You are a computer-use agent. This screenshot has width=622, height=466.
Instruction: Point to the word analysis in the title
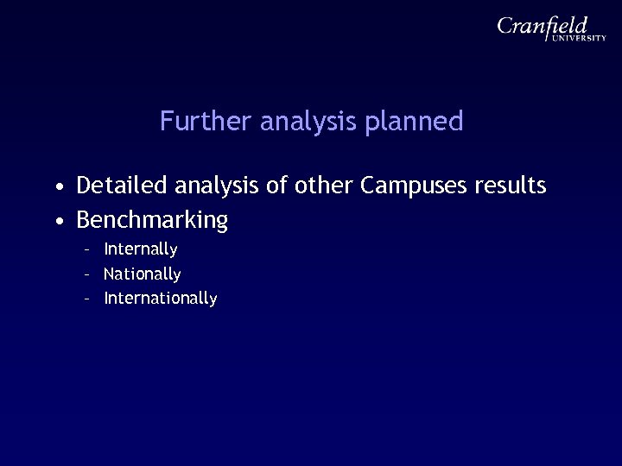[298, 122]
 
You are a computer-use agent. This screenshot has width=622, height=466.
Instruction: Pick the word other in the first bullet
[324, 185]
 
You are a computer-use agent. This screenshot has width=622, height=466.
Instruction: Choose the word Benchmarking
[152, 221]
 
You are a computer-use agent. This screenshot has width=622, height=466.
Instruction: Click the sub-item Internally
[141, 249]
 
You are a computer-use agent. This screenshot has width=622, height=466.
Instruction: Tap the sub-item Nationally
[143, 274]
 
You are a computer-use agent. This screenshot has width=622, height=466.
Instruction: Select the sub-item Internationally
[161, 299]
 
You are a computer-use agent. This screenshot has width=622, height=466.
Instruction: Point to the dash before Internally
[87, 250]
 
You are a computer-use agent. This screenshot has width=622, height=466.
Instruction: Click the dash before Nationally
[87, 274]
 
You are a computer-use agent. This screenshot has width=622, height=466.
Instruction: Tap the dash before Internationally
[87, 299]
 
